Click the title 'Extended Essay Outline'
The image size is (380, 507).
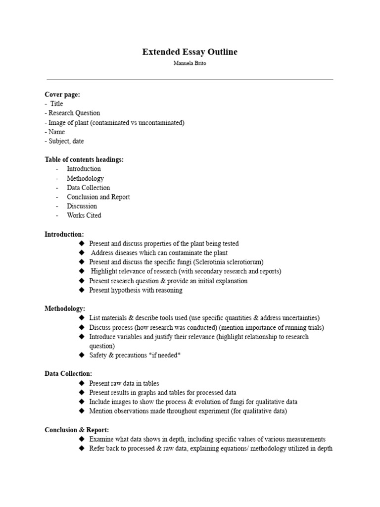[190, 52]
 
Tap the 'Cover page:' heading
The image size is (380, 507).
[62, 95]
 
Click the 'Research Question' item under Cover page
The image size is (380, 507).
[74, 113]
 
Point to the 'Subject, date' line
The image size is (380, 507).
[66, 141]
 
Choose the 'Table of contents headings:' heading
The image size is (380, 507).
[84, 159]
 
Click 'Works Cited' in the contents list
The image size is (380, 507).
[84, 215]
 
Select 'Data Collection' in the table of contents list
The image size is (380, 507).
[89, 188]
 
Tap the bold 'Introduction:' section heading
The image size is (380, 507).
[64, 234]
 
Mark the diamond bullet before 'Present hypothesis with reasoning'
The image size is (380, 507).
[82, 290]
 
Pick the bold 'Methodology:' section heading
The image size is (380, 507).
[65, 308]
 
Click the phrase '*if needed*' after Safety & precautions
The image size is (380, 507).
[164, 355]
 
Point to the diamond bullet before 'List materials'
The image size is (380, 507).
[82, 318]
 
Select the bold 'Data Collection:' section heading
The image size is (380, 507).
[68, 374]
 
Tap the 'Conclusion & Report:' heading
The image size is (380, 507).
[77, 430]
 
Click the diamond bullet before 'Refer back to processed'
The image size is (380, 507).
[82, 449]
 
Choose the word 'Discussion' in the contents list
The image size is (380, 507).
[82, 206]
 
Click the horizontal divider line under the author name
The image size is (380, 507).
[190, 79]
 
